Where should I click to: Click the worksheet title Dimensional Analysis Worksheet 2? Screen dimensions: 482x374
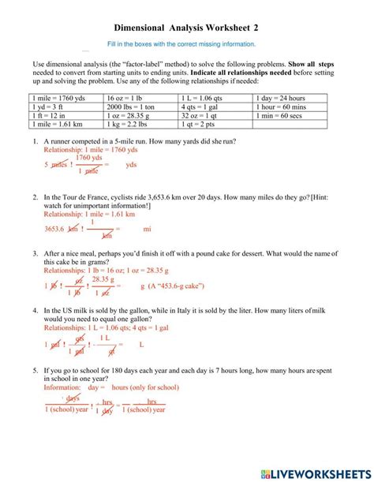point(186,28)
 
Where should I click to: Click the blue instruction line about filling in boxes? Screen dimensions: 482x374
point(186,44)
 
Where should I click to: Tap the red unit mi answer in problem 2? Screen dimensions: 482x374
point(147,230)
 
